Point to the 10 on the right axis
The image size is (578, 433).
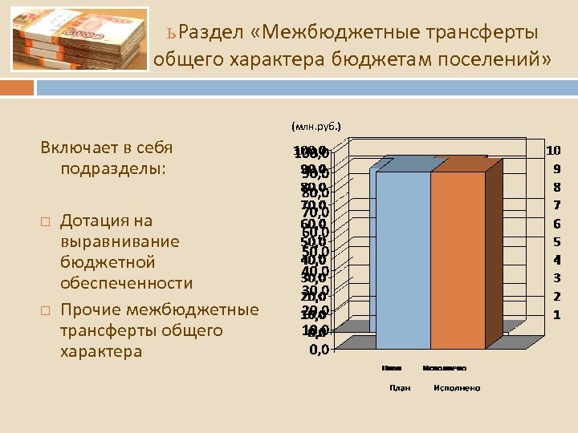coord(554,150)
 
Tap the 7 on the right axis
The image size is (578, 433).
coord(556,205)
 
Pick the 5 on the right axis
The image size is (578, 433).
coord(556,241)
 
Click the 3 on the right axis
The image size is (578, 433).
coord(556,278)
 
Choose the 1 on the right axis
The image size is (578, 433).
coord(556,315)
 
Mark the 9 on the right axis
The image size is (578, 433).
coord(556,168)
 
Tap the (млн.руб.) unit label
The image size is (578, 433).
coord(316,126)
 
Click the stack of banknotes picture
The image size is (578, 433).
coord(80,40)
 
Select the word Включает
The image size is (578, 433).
coord(80,148)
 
